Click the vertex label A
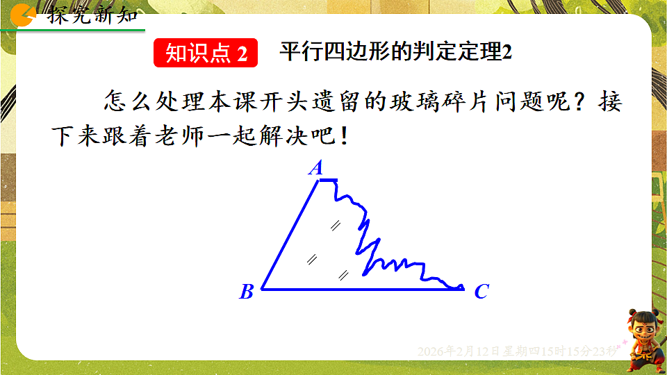[x=316, y=168]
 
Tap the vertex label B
[x=246, y=292]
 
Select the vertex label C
[x=481, y=292]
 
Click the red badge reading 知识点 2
[x=206, y=54]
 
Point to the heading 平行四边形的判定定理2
[x=395, y=53]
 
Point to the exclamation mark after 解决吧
[x=342, y=137]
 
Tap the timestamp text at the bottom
[x=517, y=351]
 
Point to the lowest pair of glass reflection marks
[x=343, y=274]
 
